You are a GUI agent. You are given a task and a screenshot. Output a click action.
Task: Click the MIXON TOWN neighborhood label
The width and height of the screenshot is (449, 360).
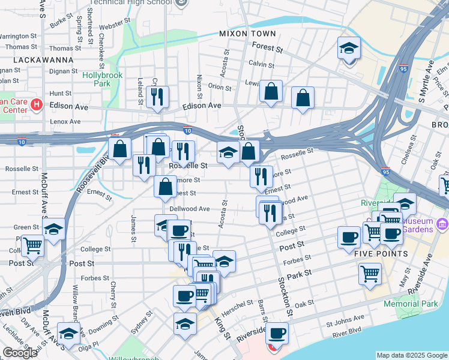[x=247, y=34]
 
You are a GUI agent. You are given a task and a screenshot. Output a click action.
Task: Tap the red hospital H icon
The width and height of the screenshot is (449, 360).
[x=36, y=105]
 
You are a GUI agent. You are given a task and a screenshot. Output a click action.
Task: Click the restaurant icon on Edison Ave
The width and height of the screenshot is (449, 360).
[x=157, y=97]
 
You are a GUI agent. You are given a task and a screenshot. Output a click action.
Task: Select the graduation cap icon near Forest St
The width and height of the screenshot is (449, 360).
[x=349, y=49]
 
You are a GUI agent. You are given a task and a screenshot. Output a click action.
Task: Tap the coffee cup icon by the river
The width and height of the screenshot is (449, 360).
[x=277, y=333]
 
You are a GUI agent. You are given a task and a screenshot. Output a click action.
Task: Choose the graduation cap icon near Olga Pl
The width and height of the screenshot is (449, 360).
[x=69, y=333]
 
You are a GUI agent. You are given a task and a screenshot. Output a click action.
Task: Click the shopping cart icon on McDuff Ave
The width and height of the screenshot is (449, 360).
[x=33, y=245]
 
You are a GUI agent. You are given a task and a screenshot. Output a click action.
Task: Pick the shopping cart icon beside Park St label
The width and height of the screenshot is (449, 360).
[x=370, y=274]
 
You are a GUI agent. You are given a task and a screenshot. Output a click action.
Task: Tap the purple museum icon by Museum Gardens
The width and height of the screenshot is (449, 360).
[x=443, y=224]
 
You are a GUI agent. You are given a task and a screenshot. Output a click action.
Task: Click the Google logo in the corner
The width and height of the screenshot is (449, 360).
[x=20, y=353]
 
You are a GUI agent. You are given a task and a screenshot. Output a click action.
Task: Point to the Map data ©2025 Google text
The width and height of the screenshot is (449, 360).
[x=412, y=355]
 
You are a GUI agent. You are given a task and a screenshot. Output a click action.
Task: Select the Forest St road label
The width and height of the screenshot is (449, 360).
[x=267, y=47]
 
